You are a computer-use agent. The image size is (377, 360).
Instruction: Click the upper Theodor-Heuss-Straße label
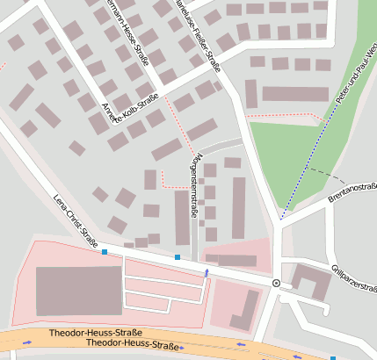(x=95, y=334)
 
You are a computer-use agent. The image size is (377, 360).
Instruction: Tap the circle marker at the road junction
(x=276, y=283)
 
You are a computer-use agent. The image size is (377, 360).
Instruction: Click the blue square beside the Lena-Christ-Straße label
(x=105, y=252)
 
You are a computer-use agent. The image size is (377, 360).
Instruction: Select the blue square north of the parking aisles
(x=177, y=257)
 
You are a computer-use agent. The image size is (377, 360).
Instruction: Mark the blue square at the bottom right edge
(x=333, y=357)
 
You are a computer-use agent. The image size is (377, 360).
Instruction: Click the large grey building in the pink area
(x=78, y=291)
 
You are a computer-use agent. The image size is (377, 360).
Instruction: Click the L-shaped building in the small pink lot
(x=245, y=310)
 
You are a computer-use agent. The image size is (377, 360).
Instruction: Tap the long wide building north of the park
(x=295, y=94)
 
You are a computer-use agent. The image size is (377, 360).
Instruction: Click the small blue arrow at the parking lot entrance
(x=207, y=274)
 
